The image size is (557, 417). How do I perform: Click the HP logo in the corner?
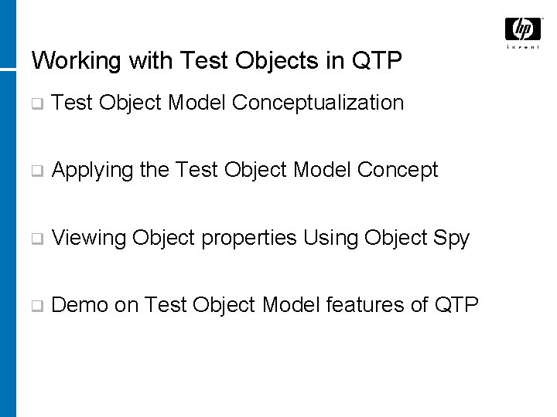click(523, 29)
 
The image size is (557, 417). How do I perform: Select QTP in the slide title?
click(378, 60)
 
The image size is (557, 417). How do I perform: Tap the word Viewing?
click(89, 238)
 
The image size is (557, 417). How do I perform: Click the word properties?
click(247, 238)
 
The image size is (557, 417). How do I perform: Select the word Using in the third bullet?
click(328, 238)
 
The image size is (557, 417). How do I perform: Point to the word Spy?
click(453, 238)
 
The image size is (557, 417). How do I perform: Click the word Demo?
click(80, 305)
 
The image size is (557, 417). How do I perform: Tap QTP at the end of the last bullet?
click(457, 305)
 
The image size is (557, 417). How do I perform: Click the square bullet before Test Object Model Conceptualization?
click(36, 103)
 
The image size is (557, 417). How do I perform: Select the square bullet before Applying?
click(36, 171)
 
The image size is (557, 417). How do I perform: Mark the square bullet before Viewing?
click(36, 239)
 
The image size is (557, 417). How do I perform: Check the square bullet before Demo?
click(36, 306)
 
